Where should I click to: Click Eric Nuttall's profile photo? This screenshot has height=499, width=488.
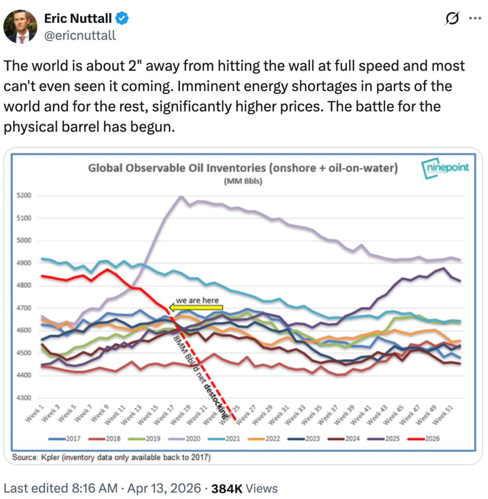pyautogui.click(x=21, y=26)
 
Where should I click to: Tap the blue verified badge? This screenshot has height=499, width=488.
pyautogui.click(x=122, y=19)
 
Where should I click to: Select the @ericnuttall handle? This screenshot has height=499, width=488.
pyautogui.click(x=80, y=35)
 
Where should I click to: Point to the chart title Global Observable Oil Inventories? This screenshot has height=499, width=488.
pyautogui.click(x=242, y=169)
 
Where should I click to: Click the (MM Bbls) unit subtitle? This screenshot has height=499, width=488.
pyautogui.click(x=242, y=182)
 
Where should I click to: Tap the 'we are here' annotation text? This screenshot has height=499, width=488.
pyautogui.click(x=197, y=300)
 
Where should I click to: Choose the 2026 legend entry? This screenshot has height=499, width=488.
pyautogui.click(x=431, y=439)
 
